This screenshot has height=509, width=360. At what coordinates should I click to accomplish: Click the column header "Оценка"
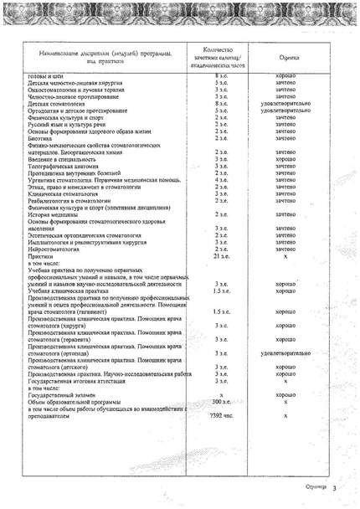[289, 59]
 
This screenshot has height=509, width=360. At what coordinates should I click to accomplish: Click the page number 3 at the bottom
[333, 488]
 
